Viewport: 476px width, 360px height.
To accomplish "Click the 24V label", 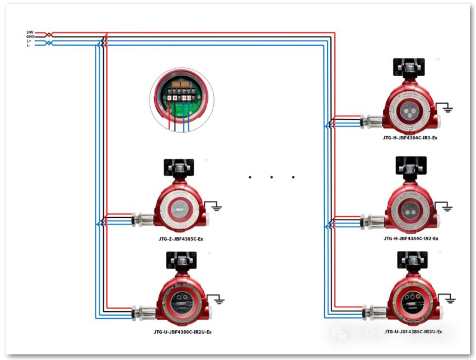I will (x=30, y=32).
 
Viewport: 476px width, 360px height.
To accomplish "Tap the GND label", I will (x=30, y=36).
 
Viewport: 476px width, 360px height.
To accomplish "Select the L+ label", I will (x=29, y=41).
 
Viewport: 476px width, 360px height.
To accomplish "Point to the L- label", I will (x=29, y=45).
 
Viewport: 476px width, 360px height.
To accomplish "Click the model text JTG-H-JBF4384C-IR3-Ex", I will (x=410, y=137).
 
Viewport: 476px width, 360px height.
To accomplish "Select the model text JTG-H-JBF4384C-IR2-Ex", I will (x=410, y=239).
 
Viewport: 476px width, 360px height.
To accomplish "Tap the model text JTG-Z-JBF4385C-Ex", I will (x=181, y=239).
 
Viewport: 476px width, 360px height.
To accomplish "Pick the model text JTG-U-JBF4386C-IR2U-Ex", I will (x=183, y=332).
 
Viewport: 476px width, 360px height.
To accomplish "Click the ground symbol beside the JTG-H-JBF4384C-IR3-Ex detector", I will (x=446, y=107).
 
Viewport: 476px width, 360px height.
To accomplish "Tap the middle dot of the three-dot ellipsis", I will (x=271, y=177).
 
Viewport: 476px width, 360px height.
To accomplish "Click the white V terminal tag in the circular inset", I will (x=170, y=98).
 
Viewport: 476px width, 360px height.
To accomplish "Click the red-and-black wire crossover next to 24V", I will (x=49, y=34).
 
